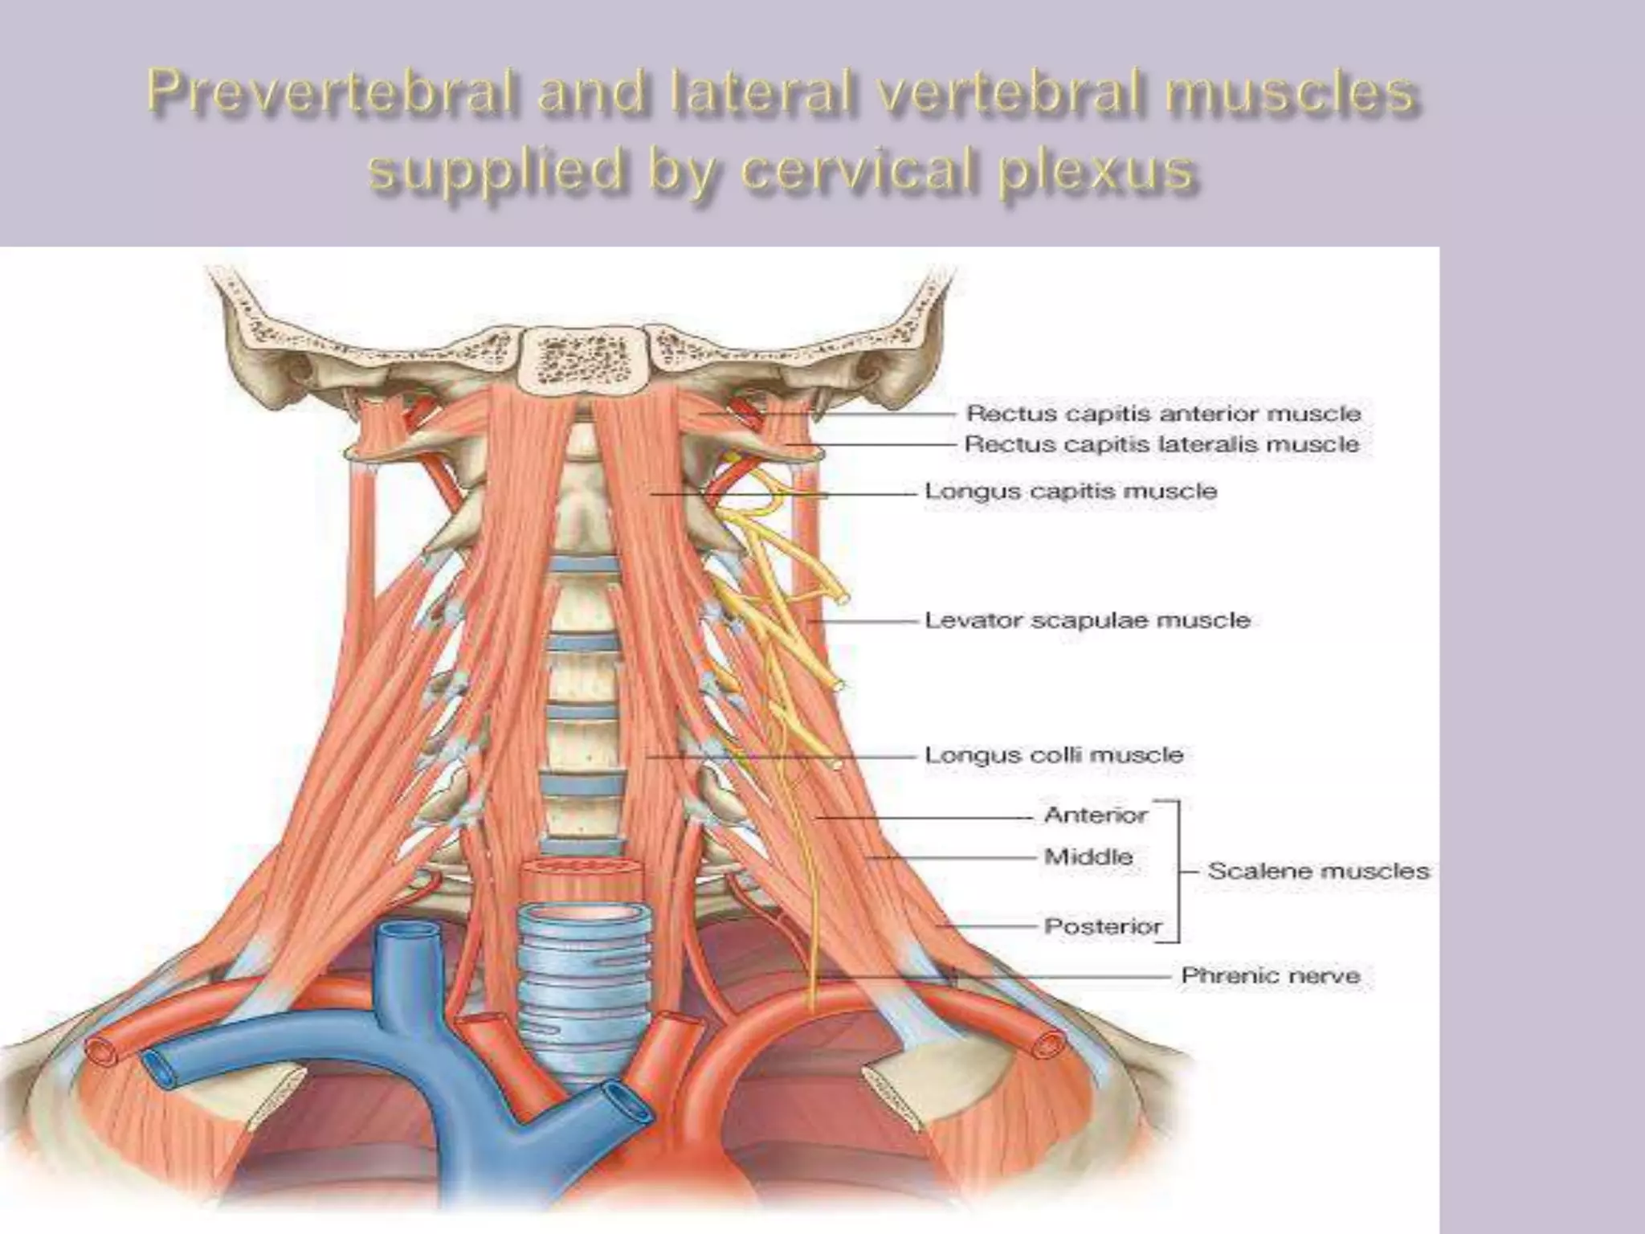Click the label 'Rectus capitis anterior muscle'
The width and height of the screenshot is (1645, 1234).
coord(1163,414)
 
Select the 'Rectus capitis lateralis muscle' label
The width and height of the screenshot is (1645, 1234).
coord(1161,443)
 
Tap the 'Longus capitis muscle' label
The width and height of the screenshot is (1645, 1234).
coord(1071,491)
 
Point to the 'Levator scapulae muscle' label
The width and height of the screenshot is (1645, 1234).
coord(1088,620)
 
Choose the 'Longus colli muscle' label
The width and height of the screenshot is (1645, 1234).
coord(1054,755)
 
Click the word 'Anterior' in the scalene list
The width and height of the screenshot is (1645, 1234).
coord(1096,815)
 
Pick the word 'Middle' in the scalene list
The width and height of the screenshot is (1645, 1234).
coord(1088,856)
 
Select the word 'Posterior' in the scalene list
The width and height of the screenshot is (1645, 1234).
coord(1103,926)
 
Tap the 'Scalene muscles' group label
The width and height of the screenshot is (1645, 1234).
coord(1319,871)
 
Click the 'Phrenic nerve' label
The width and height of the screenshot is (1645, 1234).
coord(1271,976)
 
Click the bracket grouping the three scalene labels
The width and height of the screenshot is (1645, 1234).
coord(1178,871)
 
